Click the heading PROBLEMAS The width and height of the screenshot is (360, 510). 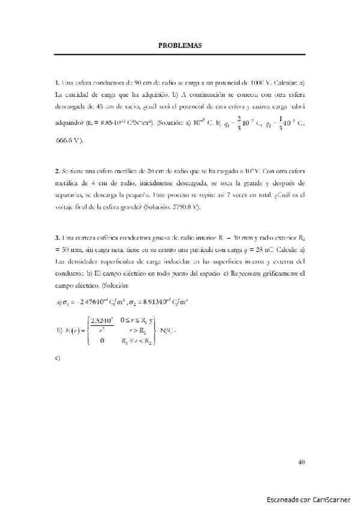pos(180,45)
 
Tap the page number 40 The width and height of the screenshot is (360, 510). pos(302,462)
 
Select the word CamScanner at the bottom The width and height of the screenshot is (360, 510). pos(329,499)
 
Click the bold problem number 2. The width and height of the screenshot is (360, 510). pos(56,171)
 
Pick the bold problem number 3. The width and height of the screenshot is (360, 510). pos(56,238)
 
